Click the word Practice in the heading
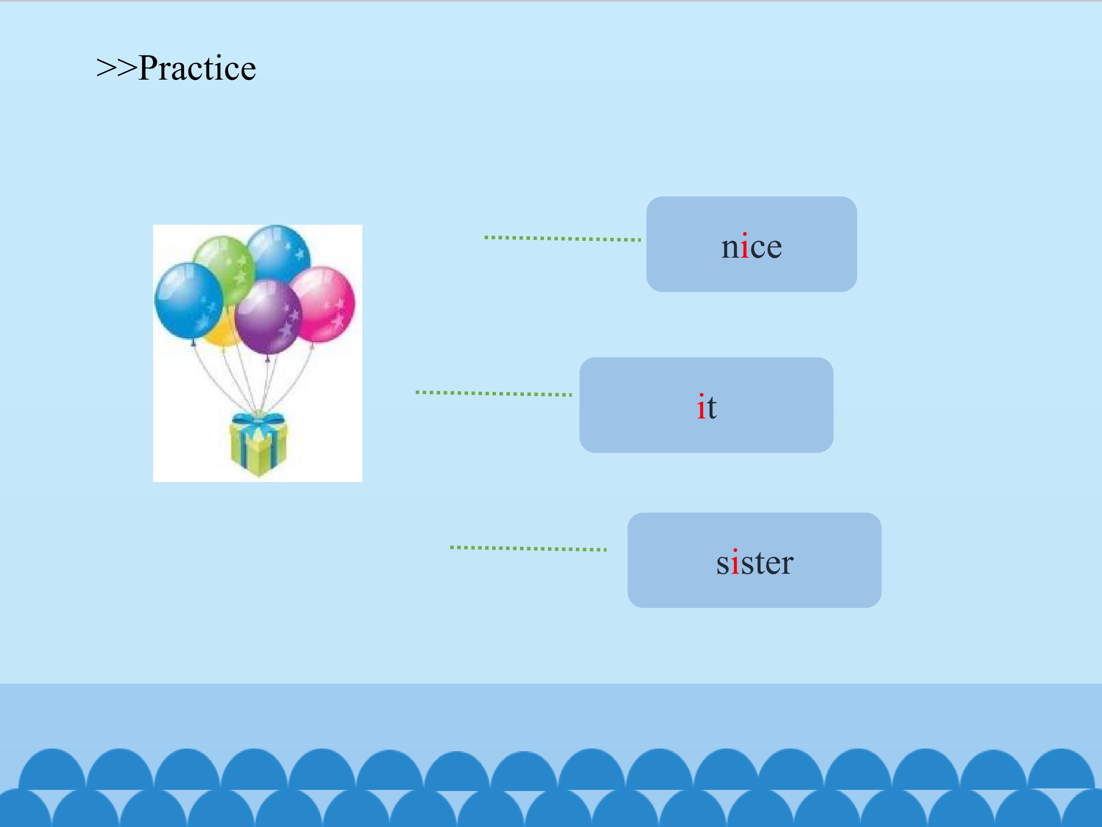click(197, 68)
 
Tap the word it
click(706, 407)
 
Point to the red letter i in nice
click(744, 246)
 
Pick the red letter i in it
click(701, 407)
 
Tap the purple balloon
click(268, 317)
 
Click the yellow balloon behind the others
click(220, 332)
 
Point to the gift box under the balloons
click(258, 444)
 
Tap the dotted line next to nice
click(562, 238)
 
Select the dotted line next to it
click(494, 393)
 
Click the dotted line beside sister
click(528, 548)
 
